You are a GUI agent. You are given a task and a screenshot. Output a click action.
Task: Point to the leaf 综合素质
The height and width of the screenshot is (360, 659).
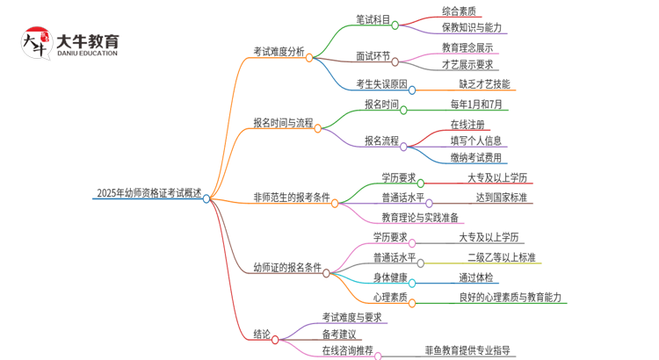[460, 11]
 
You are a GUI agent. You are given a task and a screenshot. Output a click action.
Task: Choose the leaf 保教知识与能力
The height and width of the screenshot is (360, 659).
[472, 27]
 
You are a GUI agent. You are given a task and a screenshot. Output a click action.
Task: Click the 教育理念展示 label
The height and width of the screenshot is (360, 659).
[467, 47]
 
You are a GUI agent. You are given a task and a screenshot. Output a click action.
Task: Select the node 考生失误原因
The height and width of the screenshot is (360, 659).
[381, 84]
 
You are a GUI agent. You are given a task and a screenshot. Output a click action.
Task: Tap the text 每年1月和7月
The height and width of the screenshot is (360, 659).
[476, 104]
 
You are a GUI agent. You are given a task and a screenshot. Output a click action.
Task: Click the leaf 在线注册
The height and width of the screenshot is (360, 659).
[467, 124]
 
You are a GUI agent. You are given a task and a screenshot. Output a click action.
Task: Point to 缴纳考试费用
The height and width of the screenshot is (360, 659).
[476, 158]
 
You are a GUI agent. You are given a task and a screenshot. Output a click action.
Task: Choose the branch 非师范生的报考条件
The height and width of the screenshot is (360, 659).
[291, 198]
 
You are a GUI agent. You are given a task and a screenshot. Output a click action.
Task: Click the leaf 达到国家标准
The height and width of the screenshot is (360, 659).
[502, 198]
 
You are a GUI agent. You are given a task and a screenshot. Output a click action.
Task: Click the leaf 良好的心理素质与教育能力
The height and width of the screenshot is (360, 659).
[510, 298]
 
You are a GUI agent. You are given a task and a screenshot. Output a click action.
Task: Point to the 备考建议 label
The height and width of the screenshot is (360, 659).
[339, 334]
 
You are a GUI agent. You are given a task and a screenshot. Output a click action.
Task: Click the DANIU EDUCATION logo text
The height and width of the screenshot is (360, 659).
[86, 53]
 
